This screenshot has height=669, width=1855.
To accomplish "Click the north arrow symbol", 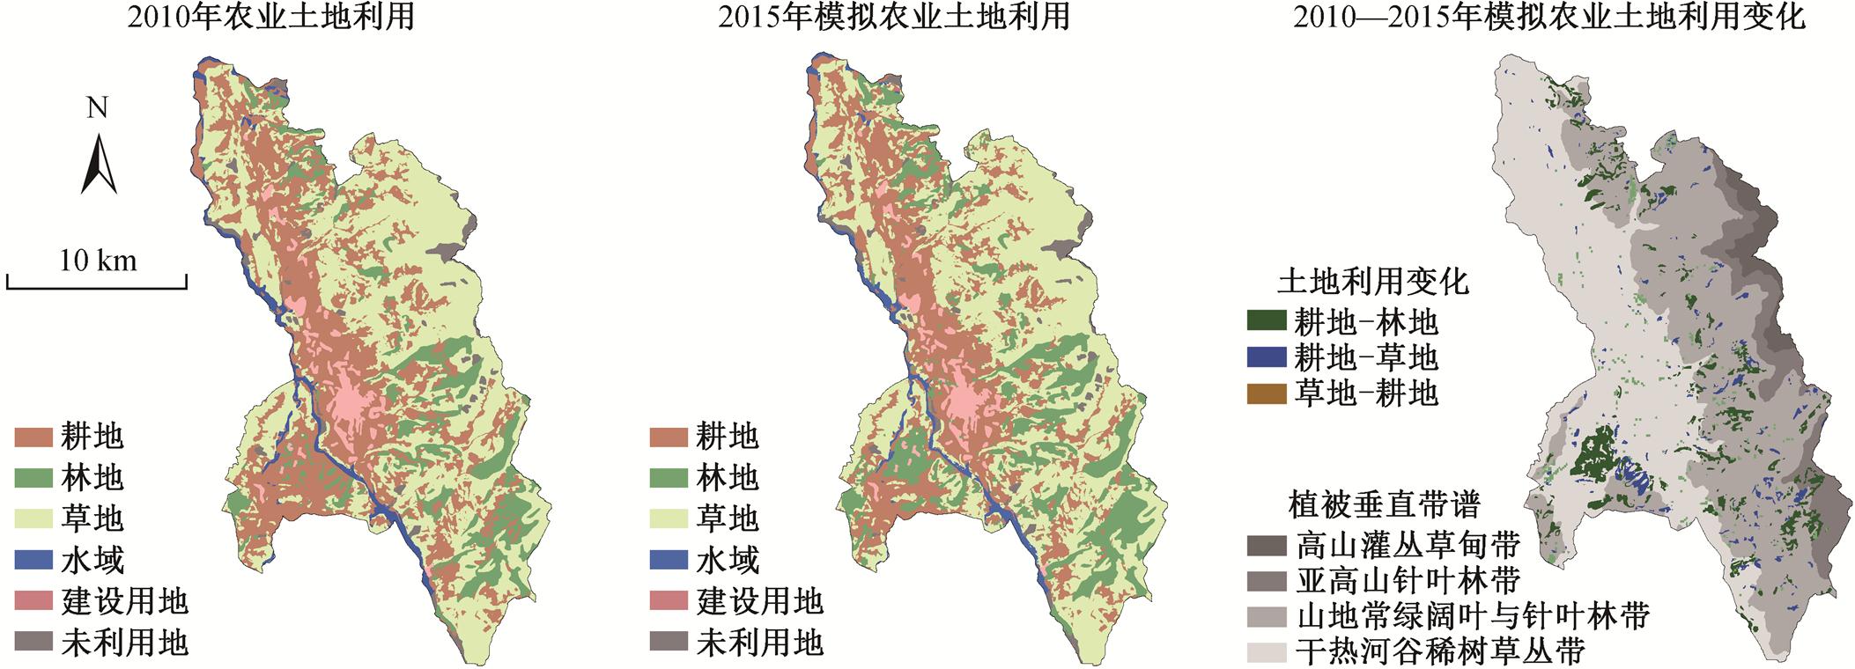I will (x=99, y=164).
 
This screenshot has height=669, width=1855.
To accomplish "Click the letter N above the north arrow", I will (x=97, y=109).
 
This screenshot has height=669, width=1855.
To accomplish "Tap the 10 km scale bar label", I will (x=98, y=261).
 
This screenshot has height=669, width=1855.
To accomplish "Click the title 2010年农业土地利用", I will (x=271, y=18).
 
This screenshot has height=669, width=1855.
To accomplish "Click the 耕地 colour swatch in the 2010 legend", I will (x=33, y=437).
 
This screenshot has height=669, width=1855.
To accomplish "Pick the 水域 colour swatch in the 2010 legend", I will (x=33, y=561).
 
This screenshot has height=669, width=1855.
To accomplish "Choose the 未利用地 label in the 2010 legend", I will (x=124, y=643).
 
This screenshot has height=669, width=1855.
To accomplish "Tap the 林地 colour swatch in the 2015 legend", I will (x=669, y=478).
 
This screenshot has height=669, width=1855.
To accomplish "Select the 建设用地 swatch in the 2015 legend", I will (x=669, y=602).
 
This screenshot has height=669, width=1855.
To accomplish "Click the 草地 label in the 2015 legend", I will (x=727, y=519).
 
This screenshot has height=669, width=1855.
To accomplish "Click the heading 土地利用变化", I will (x=1373, y=282).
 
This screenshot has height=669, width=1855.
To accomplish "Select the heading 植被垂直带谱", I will (x=1384, y=505).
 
